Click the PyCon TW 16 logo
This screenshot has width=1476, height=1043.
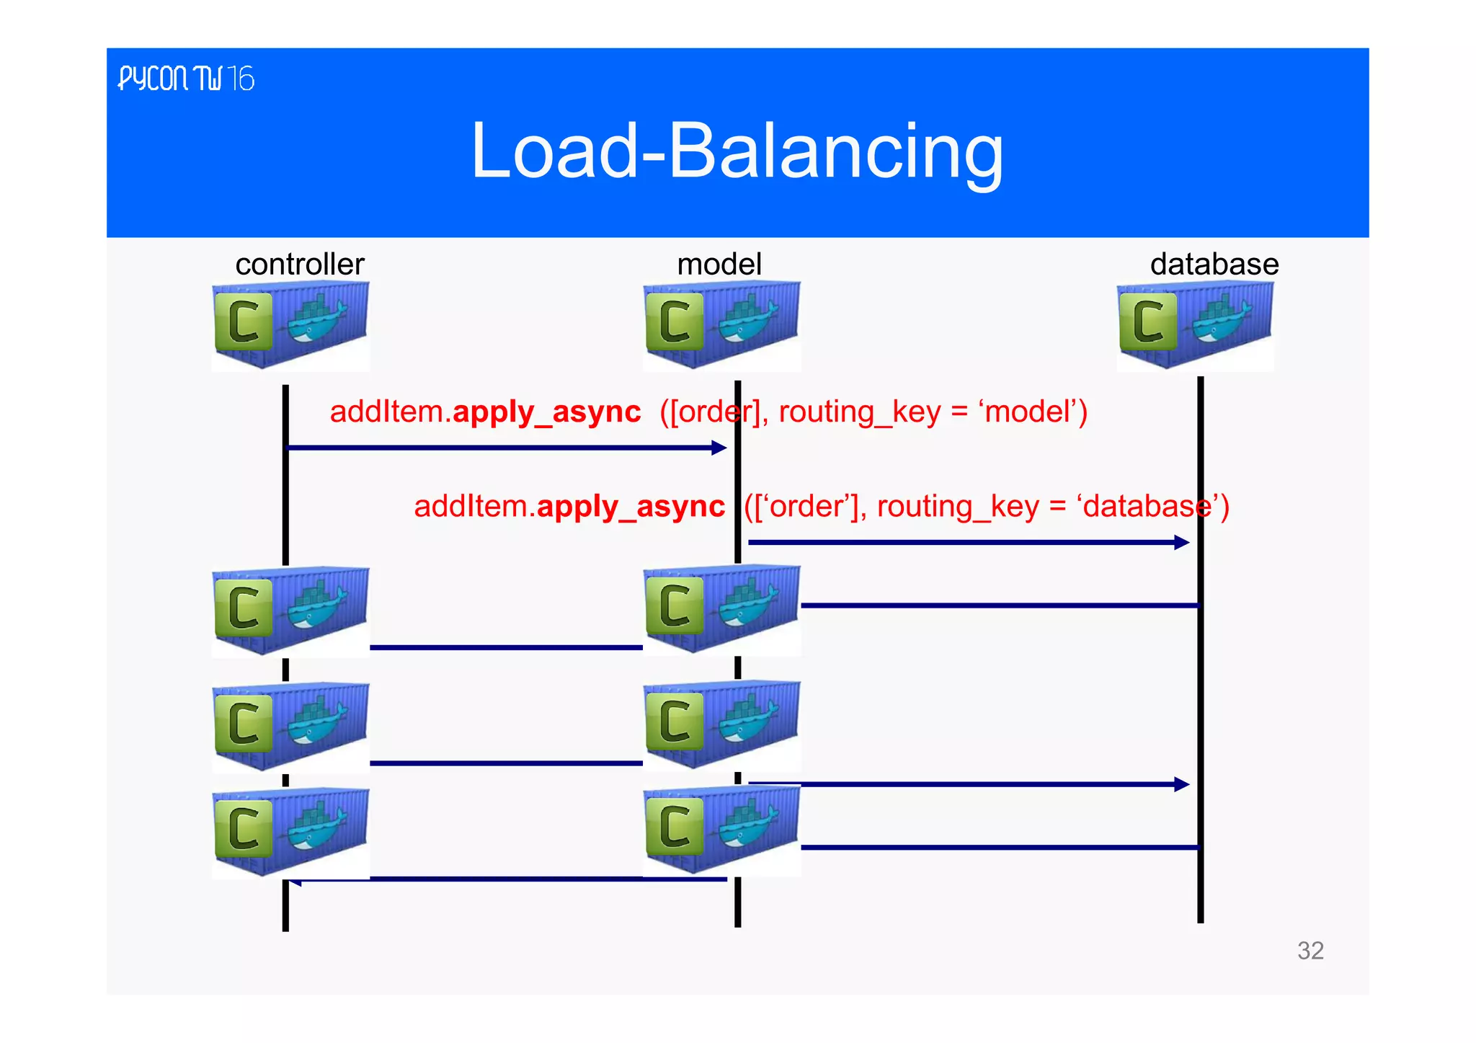click(186, 79)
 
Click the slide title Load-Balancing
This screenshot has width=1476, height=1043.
click(737, 151)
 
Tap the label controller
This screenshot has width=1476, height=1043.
click(300, 265)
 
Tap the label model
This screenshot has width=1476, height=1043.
click(719, 265)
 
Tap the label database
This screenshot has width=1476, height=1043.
click(1214, 265)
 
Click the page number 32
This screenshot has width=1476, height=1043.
click(1310, 951)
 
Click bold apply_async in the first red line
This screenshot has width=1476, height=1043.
click(546, 412)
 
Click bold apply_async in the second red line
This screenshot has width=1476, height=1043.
click(631, 507)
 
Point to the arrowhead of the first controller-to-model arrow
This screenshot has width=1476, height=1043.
click(719, 448)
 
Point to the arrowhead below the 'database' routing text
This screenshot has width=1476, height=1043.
click(1181, 542)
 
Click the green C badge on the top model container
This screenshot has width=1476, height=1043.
click(675, 321)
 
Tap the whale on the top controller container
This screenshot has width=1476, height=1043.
click(316, 321)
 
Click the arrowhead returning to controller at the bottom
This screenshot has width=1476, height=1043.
click(295, 882)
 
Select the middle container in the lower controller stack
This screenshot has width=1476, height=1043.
click(290, 726)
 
